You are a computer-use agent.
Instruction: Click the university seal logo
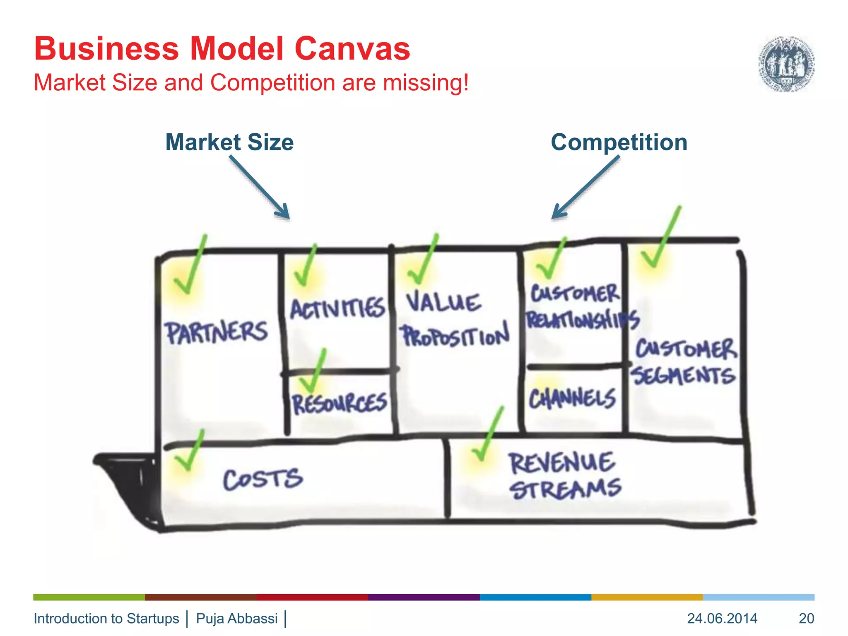tap(786, 64)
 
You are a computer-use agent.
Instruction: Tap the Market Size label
tap(229, 142)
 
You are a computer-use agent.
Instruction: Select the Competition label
tap(619, 142)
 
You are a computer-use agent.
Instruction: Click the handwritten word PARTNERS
tap(217, 332)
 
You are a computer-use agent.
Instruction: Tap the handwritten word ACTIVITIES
tap(337, 308)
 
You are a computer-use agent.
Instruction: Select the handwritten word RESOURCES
tap(340, 403)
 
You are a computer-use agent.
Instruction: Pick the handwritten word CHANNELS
tap(572, 398)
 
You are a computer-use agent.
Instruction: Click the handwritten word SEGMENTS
tap(683, 376)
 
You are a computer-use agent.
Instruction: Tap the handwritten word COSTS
tap(263, 479)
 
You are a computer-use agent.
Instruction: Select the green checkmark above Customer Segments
tap(660, 238)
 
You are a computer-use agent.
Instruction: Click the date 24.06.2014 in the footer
tap(722, 618)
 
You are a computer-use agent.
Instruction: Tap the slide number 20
tap(806, 618)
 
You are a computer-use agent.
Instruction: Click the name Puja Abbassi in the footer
tap(237, 618)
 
